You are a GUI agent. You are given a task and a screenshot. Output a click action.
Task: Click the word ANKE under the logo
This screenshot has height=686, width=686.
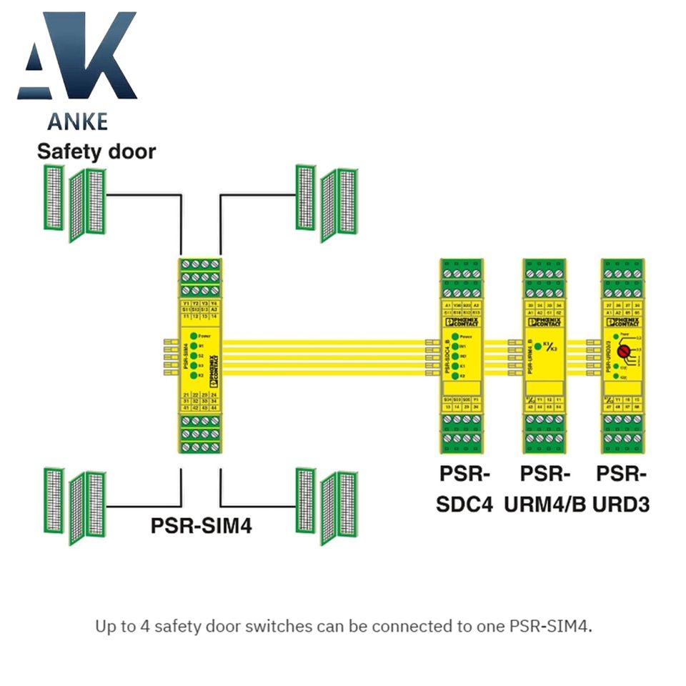pos(77,120)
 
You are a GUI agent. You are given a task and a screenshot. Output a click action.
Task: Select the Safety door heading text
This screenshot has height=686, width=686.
pos(96,151)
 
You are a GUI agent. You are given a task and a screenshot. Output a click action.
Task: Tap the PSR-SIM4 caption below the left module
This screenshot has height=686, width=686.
pos(201,525)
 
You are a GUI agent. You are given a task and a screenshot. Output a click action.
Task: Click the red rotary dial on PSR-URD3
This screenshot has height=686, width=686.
pos(622,352)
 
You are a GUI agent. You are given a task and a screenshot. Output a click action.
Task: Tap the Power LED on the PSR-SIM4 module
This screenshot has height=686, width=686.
pos(194,334)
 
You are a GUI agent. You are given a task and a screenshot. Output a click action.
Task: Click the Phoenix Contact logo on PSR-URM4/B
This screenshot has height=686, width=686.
pos(545,322)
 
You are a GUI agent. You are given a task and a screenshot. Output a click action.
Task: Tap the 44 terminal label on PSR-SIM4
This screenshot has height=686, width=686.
pos(213,407)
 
